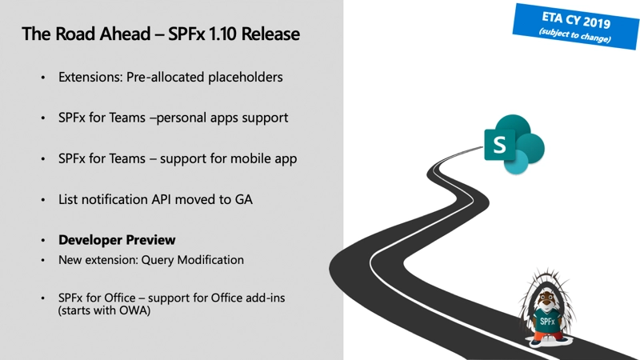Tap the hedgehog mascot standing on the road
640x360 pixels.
(549, 309)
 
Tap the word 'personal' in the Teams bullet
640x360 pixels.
(182, 118)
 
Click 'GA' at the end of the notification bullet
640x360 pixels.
(242, 199)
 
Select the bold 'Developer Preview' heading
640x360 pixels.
(117, 240)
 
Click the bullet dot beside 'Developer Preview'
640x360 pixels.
(44, 240)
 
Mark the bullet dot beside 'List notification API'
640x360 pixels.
(44, 199)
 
